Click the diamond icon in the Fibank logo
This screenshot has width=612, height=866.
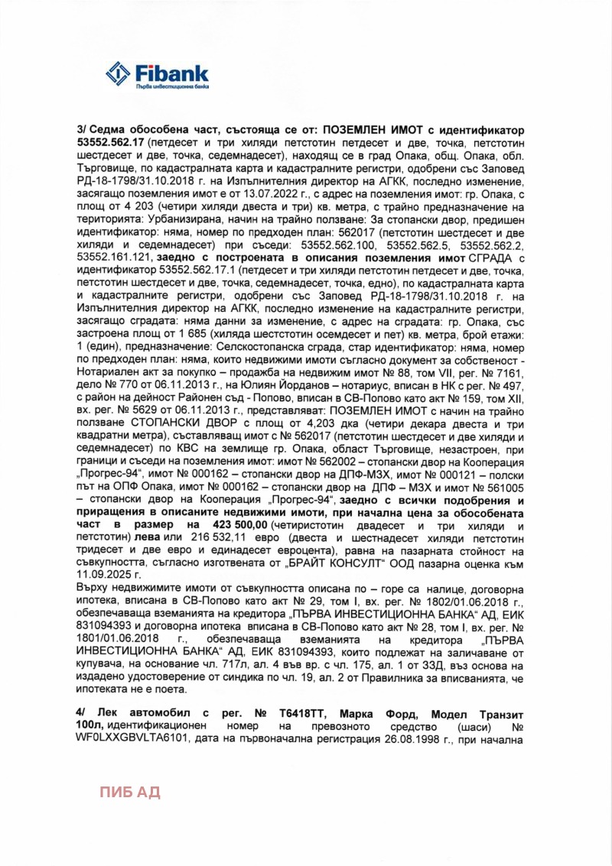[x=119, y=74]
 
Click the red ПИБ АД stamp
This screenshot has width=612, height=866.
[x=130, y=791]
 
